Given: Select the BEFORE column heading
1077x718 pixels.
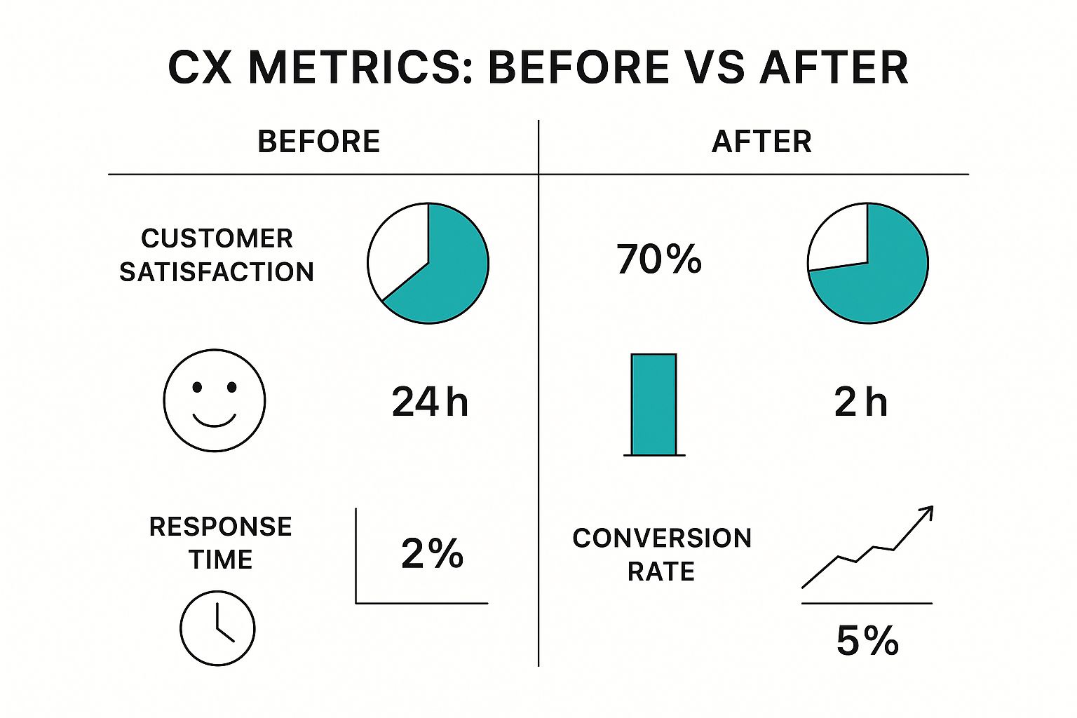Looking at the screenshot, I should pyautogui.click(x=318, y=142).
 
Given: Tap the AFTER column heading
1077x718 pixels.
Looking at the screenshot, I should pyautogui.click(x=761, y=142).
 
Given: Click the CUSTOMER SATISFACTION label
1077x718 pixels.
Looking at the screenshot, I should pyautogui.click(x=217, y=255).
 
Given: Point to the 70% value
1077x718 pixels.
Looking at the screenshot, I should pyautogui.click(x=659, y=259).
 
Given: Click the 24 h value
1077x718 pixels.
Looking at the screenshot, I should pyautogui.click(x=429, y=402).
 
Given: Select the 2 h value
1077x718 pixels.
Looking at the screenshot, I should pyautogui.click(x=860, y=402).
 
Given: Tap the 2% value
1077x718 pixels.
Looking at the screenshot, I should pyautogui.click(x=432, y=554).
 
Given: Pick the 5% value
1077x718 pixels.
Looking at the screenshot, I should pyautogui.click(x=867, y=641).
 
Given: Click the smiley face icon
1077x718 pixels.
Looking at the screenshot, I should pyautogui.click(x=215, y=400).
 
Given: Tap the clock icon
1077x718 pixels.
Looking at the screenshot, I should pyautogui.click(x=217, y=628).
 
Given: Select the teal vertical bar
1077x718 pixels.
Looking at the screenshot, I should pyautogui.click(x=653, y=405).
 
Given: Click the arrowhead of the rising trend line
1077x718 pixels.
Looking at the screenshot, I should pyautogui.click(x=928, y=511).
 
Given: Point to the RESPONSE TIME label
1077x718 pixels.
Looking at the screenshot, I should pyautogui.click(x=220, y=543).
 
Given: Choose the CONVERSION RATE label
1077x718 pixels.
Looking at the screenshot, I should pyautogui.click(x=661, y=555).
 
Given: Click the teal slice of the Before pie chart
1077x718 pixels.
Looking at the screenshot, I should pyautogui.click(x=452, y=273).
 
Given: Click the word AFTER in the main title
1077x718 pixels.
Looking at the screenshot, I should pyautogui.click(x=834, y=68).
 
